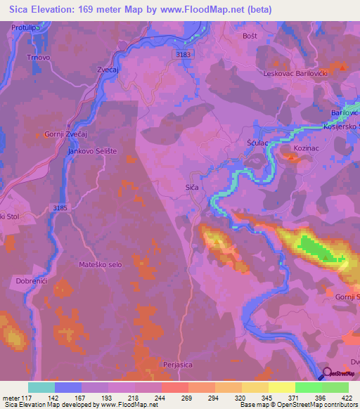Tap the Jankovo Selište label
91,151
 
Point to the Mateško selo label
99,264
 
